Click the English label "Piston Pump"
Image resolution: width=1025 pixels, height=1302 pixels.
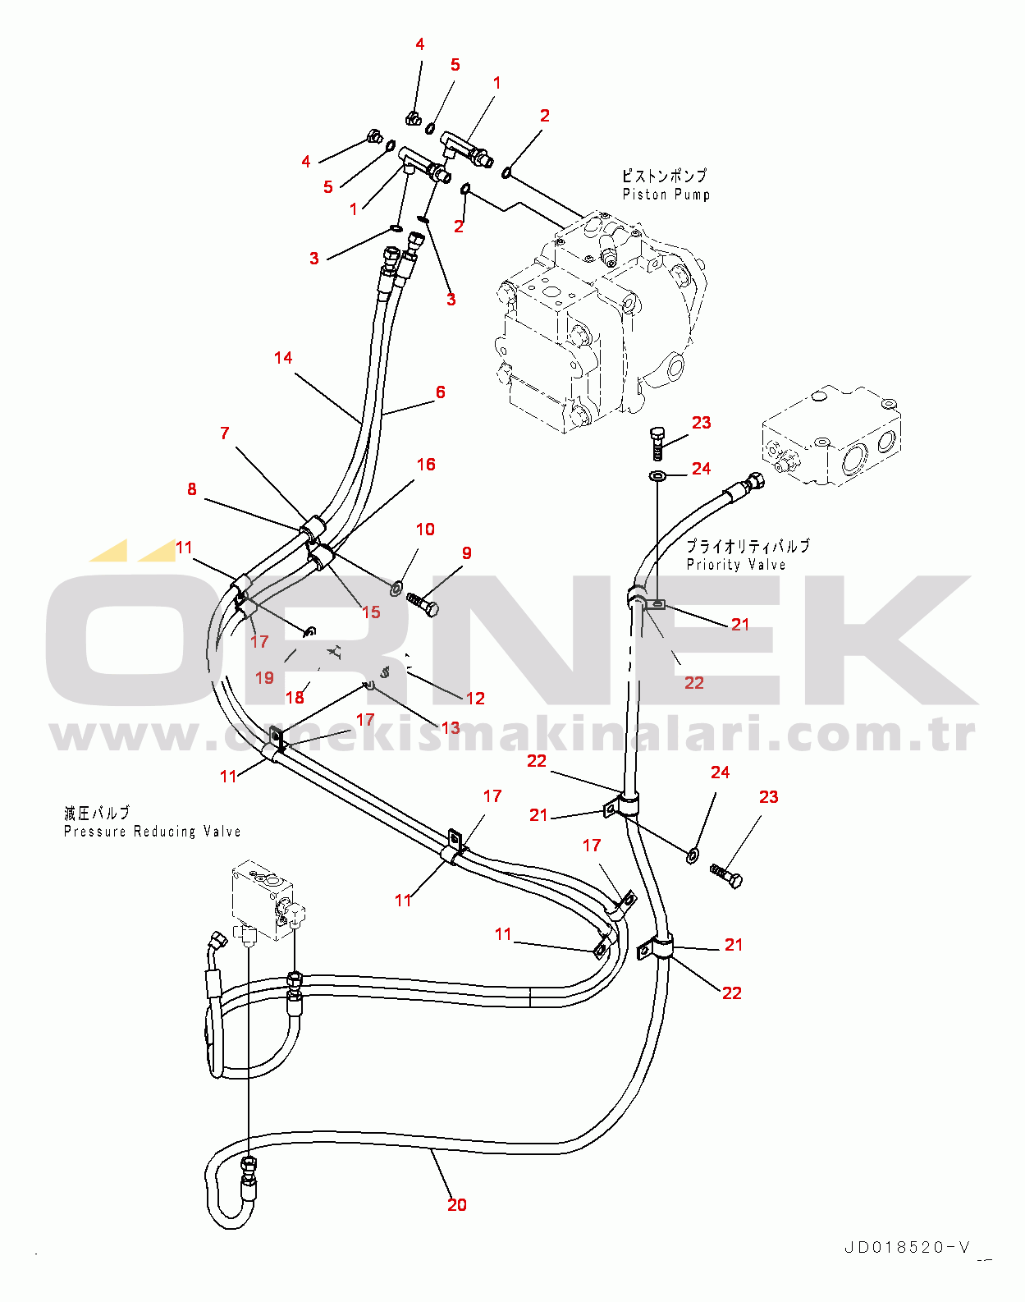coord(666,195)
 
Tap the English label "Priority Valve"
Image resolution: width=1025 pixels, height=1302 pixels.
coord(736,565)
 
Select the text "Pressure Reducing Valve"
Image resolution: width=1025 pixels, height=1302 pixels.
coord(152,832)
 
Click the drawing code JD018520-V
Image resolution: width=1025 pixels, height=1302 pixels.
coord(907,1248)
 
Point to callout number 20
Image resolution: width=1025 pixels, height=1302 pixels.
coord(457,1205)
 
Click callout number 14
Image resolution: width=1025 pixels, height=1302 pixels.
coord(283,358)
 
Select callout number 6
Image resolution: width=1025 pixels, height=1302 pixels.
coord(441,392)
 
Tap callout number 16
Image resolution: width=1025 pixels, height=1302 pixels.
coord(426,465)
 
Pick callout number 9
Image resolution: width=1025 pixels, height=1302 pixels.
coord(467,553)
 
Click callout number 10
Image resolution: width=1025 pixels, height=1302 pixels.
coord(425,530)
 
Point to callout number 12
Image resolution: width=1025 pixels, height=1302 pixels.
coord(475,699)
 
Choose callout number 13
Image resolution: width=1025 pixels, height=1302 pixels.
coord(451,728)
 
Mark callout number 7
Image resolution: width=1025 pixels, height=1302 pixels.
coord(225,433)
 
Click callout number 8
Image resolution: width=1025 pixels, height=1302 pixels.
coord(192,489)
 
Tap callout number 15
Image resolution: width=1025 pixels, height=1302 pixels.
coord(371,612)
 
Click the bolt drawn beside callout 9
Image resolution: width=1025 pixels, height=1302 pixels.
coord(423,606)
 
